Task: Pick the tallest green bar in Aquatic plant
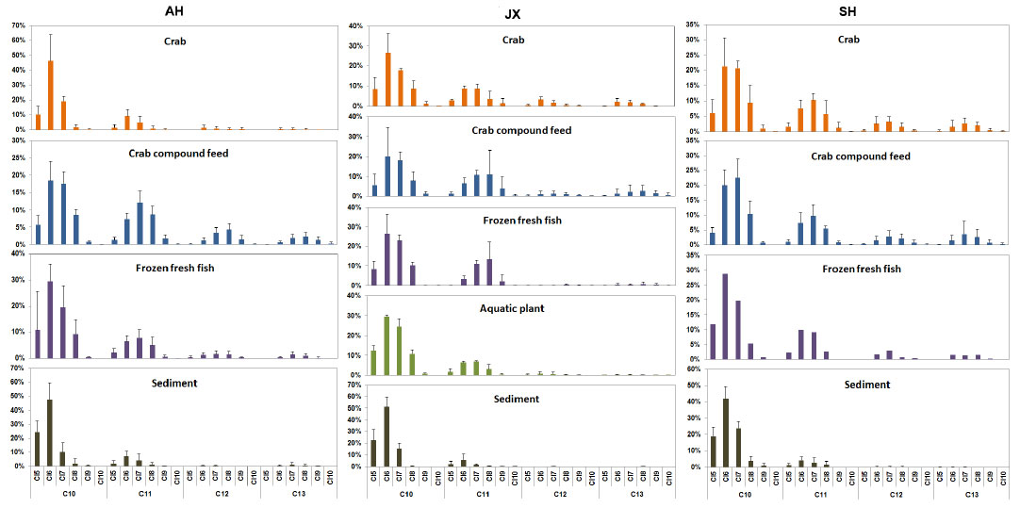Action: (x=387, y=346)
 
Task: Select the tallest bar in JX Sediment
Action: (x=387, y=436)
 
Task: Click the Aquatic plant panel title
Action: (x=510, y=309)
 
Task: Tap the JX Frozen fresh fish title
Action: (x=510, y=221)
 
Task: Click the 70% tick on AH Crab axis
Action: (x=17, y=13)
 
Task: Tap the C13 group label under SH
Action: (x=971, y=495)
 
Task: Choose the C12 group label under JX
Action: (x=559, y=495)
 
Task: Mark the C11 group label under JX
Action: (x=483, y=495)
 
